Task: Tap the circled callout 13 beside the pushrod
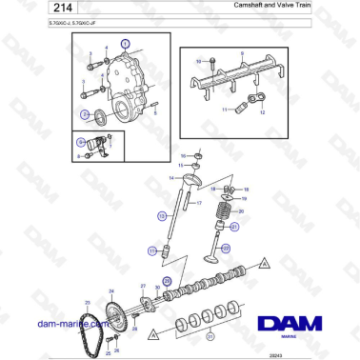click(151, 250)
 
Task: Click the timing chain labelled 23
click(93, 328)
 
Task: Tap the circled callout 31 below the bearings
click(210, 334)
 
